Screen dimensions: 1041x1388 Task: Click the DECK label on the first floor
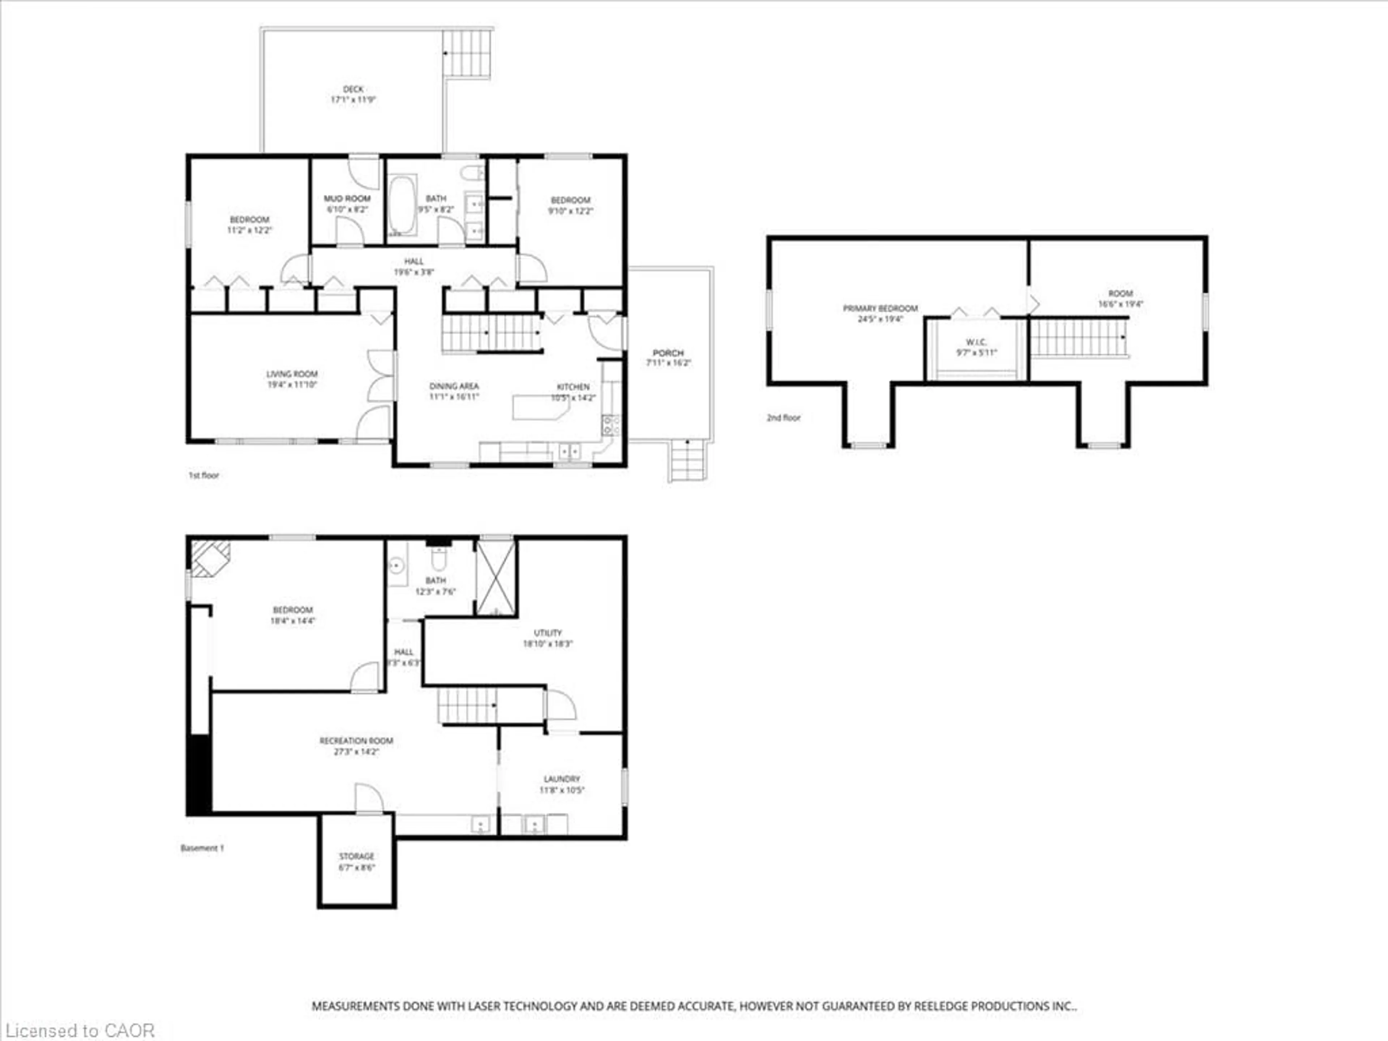point(353,89)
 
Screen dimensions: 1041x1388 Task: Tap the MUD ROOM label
point(347,198)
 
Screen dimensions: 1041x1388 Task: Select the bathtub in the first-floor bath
point(402,205)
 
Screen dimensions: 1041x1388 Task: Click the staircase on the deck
point(467,53)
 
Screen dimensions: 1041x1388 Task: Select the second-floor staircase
point(1078,338)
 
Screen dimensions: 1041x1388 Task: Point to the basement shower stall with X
point(496,577)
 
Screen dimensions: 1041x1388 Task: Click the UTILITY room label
point(548,633)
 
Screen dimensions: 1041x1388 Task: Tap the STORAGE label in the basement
point(356,856)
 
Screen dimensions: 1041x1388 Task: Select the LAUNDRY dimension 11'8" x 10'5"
point(562,790)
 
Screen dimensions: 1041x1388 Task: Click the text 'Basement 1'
point(202,848)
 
